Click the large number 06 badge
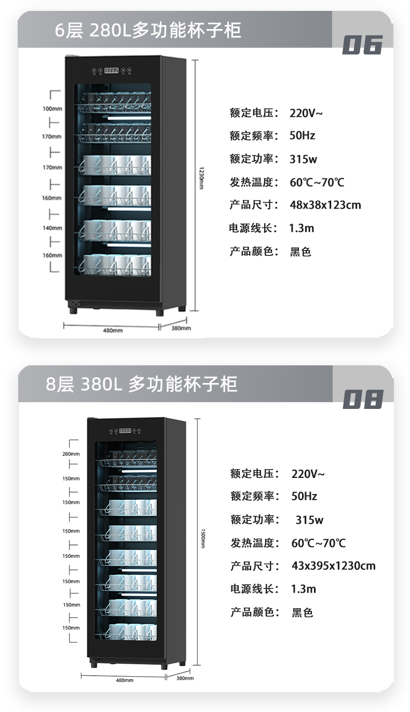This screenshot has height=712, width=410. [362, 45]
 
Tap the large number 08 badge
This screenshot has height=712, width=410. [363, 399]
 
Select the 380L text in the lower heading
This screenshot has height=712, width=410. [101, 384]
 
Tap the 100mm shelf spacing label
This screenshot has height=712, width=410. [52, 109]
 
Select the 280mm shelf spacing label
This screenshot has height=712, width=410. [71, 454]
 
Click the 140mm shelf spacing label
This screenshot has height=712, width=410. [52, 228]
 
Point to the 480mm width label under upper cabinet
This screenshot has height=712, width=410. [113, 330]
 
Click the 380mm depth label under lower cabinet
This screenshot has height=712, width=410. [185, 678]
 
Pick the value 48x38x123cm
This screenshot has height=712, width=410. [325, 205]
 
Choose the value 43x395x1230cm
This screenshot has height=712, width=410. [333, 566]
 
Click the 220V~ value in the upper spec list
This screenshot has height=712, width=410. [307, 113]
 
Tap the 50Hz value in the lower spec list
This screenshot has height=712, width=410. [304, 496]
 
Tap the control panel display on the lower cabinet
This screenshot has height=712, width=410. [125, 431]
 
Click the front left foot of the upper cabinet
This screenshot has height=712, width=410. [73, 310]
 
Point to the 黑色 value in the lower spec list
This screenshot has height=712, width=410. [302, 612]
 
